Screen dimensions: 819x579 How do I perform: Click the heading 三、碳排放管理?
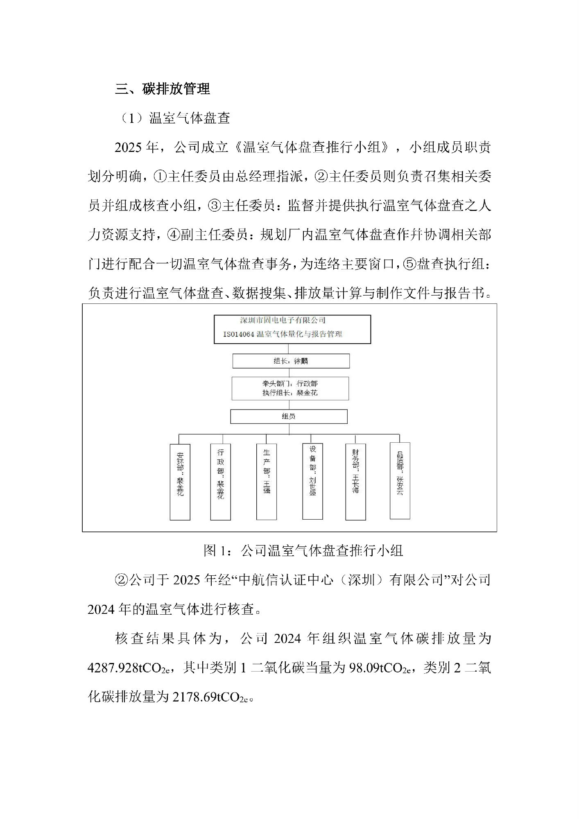click(x=163, y=89)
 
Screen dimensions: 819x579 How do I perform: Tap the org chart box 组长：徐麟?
click(x=291, y=361)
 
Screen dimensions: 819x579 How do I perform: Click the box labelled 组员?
click(x=289, y=416)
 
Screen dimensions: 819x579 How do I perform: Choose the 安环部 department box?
click(x=180, y=482)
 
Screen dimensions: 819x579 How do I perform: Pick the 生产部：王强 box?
click(x=267, y=481)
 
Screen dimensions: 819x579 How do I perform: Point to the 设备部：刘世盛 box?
click(x=312, y=481)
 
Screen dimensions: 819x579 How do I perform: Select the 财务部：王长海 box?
click(x=355, y=481)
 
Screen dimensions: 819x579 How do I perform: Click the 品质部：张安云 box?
click(x=400, y=480)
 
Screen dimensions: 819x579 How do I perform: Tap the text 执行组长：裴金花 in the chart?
click(x=290, y=393)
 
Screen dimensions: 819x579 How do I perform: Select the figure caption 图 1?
click(x=214, y=551)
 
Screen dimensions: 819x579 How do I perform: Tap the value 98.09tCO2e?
click(x=380, y=668)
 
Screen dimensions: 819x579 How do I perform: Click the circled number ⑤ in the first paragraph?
click(x=410, y=265)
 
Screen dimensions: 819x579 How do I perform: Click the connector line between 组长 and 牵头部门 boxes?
click(x=291, y=373)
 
